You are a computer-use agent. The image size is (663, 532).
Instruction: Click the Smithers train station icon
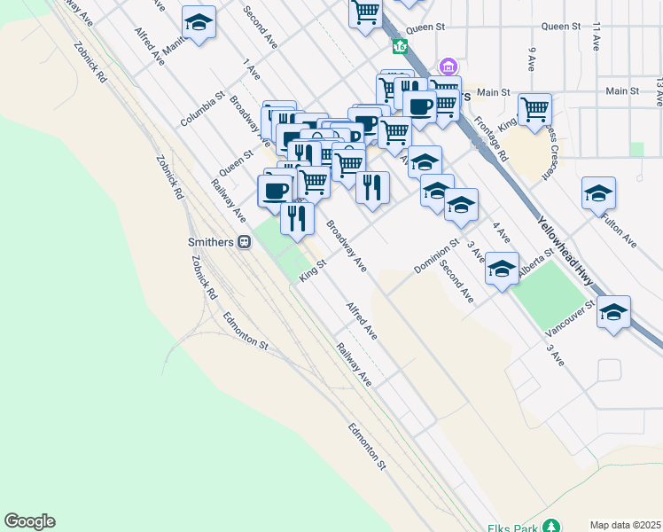[244, 241]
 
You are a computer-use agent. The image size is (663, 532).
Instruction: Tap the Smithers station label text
[210, 241]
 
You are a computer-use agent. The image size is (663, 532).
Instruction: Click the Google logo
[29, 521]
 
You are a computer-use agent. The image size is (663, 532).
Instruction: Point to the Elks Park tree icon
[551, 528]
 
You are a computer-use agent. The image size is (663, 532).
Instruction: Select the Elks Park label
[513, 528]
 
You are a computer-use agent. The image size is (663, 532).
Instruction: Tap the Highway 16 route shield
[402, 46]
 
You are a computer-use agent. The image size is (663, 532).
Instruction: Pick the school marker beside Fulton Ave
[598, 193]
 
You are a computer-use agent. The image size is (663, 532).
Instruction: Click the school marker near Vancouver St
[613, 312]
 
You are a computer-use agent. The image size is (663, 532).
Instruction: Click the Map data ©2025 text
[625, 525]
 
